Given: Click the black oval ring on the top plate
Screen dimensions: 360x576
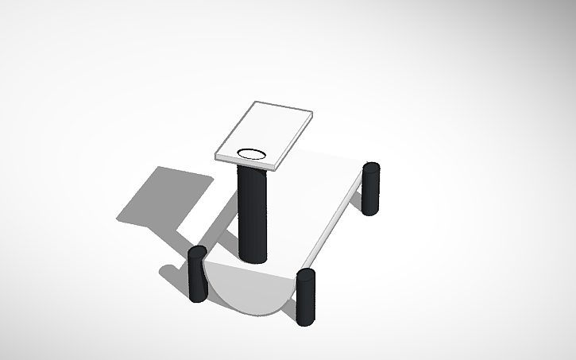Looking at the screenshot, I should tap(253, 153).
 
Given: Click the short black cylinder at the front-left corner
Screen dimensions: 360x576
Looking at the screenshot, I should tap(197, 274).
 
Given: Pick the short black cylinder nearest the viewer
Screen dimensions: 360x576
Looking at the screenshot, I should tap(306, 298).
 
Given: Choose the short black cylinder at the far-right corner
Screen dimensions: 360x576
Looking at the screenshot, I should tap(371, 188).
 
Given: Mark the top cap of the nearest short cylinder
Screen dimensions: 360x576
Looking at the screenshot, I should tap(306, 273).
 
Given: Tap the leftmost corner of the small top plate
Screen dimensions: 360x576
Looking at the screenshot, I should tap(216, 156).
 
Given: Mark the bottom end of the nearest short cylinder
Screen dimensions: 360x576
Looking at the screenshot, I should tap(306, 322).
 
